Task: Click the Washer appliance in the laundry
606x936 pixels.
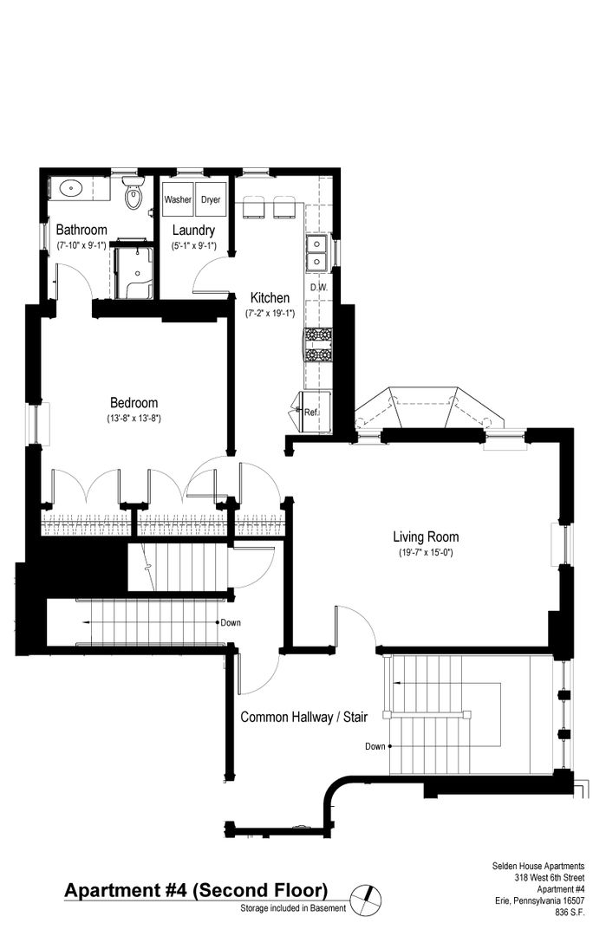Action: pos(178,198)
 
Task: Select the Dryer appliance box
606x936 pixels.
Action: pos(210,198)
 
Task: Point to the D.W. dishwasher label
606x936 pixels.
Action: pos(319,287)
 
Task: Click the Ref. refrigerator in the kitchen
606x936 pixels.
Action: pos(314,412)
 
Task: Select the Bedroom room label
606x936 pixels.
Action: pos(134,403)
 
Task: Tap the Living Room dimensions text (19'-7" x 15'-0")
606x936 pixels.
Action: pos(427,553)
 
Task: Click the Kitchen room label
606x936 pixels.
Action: pos(270,298)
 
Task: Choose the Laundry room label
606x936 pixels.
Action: pos(193,230)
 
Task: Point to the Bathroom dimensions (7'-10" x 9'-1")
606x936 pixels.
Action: pos(81,245)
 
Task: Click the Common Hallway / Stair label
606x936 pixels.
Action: pos(304,717)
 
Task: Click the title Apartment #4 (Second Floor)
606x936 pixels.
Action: pos(197,891)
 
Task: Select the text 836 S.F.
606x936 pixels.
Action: pos(570,912)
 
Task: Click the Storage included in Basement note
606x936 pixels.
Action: pos(293,908)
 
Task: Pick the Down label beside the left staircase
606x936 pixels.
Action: pos(231,622)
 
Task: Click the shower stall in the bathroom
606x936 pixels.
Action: pos(134,272)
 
